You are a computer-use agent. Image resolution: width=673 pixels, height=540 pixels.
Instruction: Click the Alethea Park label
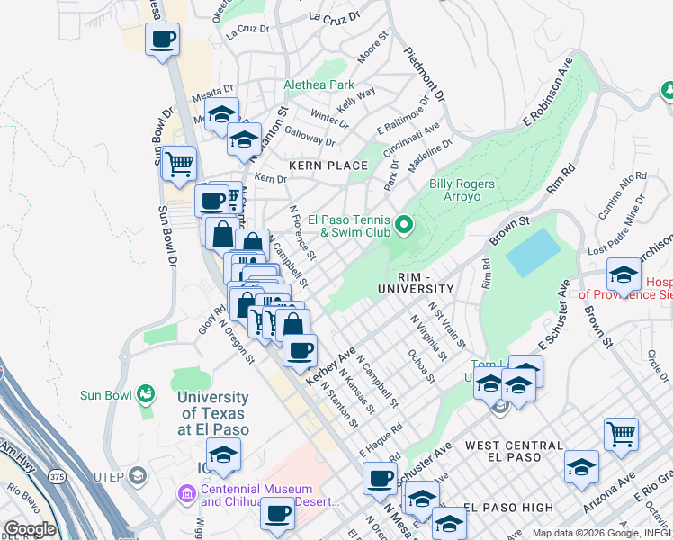point(319,85)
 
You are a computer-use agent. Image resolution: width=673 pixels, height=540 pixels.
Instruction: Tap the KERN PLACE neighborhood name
point(328,166)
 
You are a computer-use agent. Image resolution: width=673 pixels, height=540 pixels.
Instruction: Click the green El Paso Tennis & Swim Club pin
point(404,224)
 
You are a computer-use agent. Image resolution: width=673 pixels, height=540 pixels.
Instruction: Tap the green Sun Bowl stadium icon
point(145,394)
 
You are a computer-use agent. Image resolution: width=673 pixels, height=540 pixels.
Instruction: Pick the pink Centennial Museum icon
point(186,494)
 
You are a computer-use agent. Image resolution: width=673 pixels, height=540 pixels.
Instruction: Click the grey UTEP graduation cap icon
point(137,474)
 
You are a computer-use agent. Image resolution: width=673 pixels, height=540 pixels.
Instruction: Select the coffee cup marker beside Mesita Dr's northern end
point(162,40)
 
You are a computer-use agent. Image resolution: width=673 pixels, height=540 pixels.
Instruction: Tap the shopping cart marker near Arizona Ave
point(621,435)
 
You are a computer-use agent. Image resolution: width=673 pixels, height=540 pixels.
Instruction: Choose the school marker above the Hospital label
point(624,274)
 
